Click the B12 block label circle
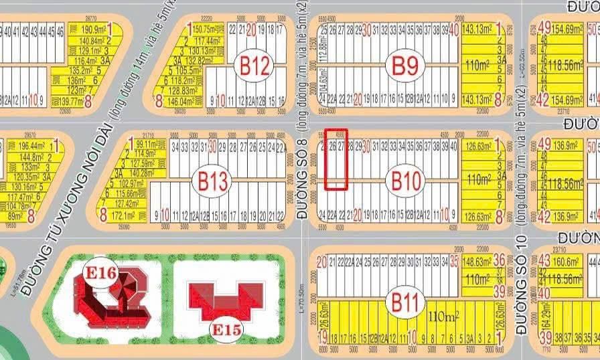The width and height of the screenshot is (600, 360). coord(254,66)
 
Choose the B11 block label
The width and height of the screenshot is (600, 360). coord(405,302)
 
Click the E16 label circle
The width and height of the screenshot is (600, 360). coord(101,272)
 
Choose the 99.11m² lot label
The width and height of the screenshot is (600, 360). coord(145,144)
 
